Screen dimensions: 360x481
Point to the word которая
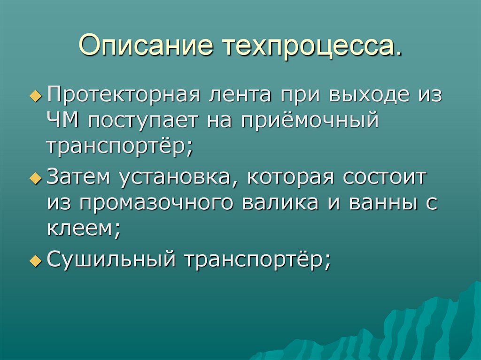coord(290,178)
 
